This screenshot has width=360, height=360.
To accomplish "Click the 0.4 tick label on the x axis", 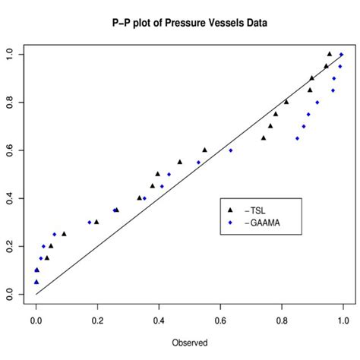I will point(159,321).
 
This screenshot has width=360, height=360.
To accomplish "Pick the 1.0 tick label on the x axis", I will point(343,321).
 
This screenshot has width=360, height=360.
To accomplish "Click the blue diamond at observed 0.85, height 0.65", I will point(297,138).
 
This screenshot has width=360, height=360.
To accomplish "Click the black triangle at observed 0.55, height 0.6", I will point(204,150).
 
